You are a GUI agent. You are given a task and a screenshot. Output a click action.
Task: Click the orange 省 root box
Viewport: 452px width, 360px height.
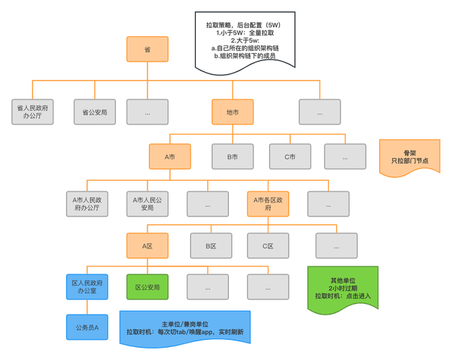click(147, 49)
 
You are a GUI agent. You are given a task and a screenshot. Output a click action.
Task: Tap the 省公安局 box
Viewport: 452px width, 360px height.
click(94, 112)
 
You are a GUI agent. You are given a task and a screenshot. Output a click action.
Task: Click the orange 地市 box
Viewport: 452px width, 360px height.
click(232, 112)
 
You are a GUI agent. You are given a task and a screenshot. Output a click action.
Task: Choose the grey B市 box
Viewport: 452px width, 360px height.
click(232, 156)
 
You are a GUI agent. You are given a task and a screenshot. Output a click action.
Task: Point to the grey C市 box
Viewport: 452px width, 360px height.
click(290, 156)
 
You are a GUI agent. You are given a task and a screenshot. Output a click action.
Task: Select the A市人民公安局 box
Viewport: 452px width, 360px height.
click(148, 203)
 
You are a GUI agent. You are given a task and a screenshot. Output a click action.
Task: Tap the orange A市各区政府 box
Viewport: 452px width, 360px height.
click(268, 203)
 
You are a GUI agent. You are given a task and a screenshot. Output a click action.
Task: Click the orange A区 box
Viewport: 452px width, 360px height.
click(148, 245)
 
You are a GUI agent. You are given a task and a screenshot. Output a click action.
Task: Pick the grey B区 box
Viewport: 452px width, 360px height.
click(211, 245)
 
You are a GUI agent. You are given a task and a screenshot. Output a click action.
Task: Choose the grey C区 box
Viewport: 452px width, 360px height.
click(268, 245)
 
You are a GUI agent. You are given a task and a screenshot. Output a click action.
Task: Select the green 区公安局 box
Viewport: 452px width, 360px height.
click(148, 287)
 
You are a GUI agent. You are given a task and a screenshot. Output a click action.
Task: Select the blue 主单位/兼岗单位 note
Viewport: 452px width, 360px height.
click(184, 328)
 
